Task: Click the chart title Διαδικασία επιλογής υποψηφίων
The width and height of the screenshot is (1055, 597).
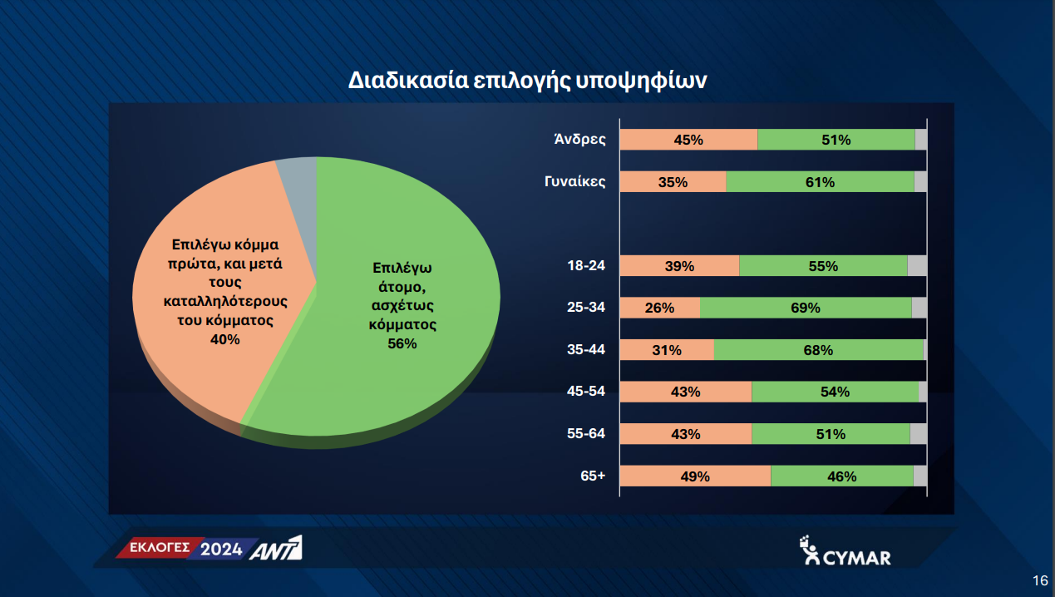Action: coord(527,81)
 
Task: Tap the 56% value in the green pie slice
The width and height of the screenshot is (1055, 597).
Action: coord(402,343)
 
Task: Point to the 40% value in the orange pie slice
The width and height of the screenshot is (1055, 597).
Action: coord(225,339)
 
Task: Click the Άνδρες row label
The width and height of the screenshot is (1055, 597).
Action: coord(579,140)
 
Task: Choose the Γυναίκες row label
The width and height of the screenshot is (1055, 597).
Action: coord(575,181)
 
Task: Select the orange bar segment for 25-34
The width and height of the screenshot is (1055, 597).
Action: coord(660,308)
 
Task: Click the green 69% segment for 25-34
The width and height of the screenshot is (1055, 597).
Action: coord(806,308)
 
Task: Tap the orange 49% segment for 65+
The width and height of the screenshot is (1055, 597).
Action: coord(695,476)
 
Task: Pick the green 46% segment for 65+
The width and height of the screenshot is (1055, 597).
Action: coord(842,476)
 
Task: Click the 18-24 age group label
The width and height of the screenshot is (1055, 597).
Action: coord(586,266)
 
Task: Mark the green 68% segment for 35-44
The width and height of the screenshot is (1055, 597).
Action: coord(819,349)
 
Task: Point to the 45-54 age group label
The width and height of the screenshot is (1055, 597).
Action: coord(586,391)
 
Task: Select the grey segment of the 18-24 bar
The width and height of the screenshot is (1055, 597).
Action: coord(917,266)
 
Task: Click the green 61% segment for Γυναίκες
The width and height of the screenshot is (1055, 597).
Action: coord(820,181)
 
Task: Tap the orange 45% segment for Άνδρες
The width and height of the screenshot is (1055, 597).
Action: coord(688,140)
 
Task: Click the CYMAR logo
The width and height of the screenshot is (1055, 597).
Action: coord(845,550)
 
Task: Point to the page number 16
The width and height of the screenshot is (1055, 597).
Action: coord(1040,580)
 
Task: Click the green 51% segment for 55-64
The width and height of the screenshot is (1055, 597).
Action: coord(831,433)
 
